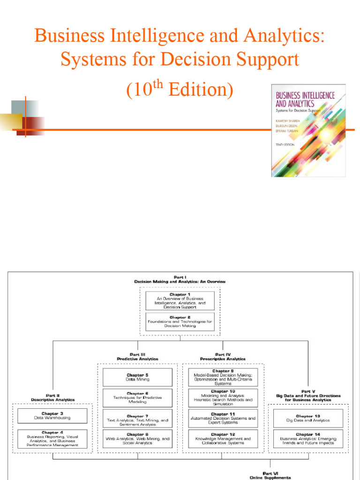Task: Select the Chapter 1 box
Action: coord(180,300)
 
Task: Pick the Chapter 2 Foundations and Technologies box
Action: coord(180,322)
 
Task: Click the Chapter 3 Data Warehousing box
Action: coord(52,415)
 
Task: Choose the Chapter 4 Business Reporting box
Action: coord(52,438)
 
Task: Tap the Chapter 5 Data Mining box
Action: coord(137,377)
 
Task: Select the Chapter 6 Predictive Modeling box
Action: coord(137,397)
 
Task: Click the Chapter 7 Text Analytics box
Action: coord(137,418)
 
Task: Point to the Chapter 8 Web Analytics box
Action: coord(137,438)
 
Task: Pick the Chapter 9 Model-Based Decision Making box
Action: coord(223,377)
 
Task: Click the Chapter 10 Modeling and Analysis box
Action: coord(223,397)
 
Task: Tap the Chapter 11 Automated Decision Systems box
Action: coord(223,418)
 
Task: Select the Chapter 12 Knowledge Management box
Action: coord(223,438)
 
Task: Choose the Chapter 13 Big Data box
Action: coord(308,418)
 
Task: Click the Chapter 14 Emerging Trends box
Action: coord(308,438)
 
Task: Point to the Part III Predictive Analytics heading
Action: coord(137,356)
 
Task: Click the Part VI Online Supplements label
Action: coord(270,476)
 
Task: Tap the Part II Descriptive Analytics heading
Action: coord(52,397)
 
